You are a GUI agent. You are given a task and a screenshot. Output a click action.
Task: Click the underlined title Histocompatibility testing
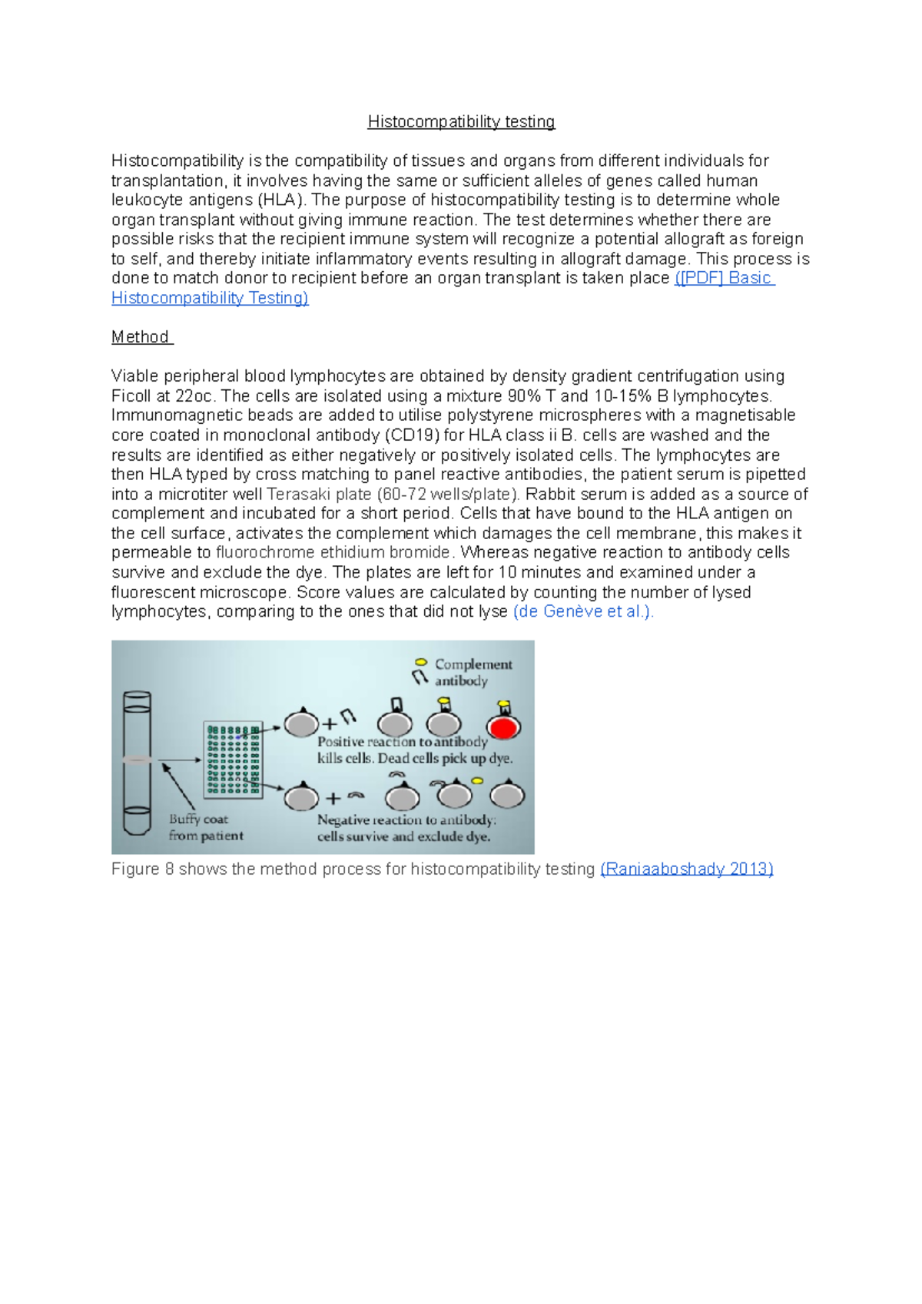click(461, 121)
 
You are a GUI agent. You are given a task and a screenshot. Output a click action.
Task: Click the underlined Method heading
click(141, 337)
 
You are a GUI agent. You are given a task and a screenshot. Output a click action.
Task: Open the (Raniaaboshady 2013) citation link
click(686, 869)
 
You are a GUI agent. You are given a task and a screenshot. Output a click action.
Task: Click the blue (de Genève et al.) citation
click(583, 612)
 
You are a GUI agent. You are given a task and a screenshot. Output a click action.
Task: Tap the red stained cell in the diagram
click(503, 726)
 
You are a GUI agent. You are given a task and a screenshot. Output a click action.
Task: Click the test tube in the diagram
click(137, 762)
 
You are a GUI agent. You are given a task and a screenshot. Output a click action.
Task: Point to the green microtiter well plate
click(233, 759)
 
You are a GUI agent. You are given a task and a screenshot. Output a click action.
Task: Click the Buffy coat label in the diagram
click(198, 819)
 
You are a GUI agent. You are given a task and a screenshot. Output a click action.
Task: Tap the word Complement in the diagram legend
click(473, 664)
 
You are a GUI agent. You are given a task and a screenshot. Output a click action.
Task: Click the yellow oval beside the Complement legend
click(421, 662)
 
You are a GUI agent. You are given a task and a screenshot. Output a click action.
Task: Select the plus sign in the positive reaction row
click(330, 724)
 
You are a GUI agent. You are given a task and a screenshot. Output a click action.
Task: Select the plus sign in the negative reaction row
click(333, 799)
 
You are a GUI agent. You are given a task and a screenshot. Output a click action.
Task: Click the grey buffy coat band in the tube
click(137, 760)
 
